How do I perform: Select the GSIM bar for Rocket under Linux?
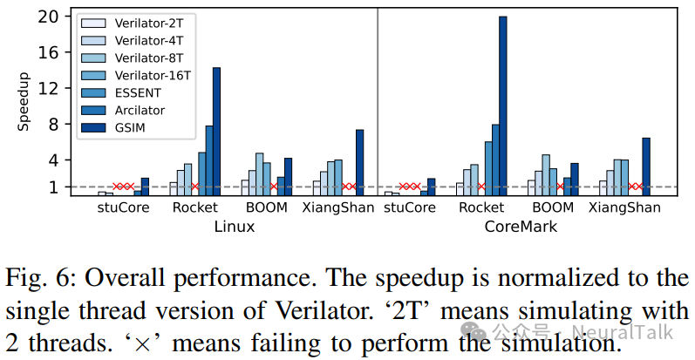[216, 131]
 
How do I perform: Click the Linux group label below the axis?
[235, 227]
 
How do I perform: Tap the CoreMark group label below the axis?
[521, 227]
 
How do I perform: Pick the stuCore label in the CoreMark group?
[409, 208]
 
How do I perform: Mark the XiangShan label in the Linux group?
[338, 208]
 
